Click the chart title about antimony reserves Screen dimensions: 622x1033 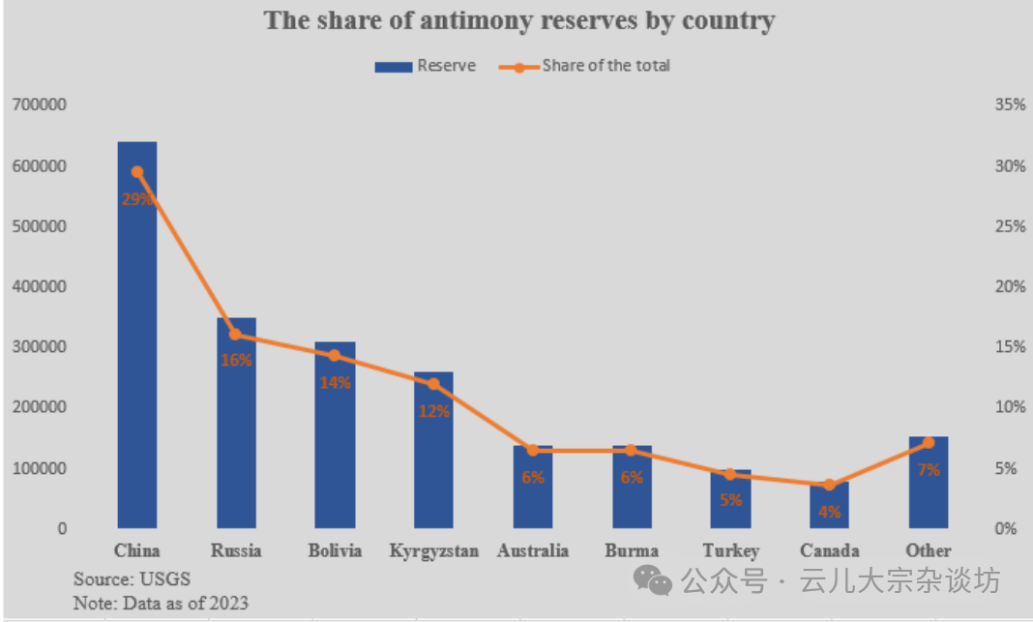pos(519,20)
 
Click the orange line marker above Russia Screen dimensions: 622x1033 pos(236,335)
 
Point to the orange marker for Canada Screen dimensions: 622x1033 pos(830,485)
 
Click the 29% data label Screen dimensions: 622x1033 pos(136,198)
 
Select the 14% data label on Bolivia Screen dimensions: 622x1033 pos(335,382)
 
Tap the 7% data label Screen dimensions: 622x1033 pos(929,470)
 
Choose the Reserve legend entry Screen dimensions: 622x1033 pos(426,66)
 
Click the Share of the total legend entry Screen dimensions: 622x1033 pos(584,66)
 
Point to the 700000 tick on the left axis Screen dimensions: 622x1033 pos(39,104)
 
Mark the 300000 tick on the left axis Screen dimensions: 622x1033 pos(39,346)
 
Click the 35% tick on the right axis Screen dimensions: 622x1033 pos(1009,104)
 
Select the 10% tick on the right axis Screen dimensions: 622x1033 pos(1009,407)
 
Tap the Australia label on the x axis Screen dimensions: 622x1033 pos(533,551)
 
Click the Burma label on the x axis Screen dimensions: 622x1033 pos(632,551)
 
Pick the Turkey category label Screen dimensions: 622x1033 pos(731,551)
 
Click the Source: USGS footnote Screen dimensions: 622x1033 pos(133,578)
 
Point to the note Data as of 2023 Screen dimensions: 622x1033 pos(161,603)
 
